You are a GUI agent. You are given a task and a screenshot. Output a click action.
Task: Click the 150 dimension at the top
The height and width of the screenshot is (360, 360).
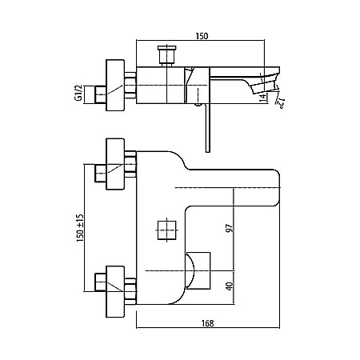[x=202, y=36]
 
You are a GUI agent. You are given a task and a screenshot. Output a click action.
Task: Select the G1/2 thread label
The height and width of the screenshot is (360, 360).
[x=79, y=93]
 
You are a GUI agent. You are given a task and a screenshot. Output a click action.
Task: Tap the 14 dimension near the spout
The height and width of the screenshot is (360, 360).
[x=263, y=98]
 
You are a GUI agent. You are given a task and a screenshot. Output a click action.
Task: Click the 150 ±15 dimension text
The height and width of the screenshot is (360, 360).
[x=80, y=228]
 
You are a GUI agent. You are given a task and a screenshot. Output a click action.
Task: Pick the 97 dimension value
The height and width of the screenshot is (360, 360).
[x=229, y=229]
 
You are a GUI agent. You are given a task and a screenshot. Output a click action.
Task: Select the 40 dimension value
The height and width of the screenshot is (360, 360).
[x=230, y=286]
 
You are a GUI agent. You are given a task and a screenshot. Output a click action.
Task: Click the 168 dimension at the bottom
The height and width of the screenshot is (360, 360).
[x=207, y=323]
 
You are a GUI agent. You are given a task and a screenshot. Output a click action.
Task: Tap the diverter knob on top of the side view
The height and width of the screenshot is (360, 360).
[x=167, y=55]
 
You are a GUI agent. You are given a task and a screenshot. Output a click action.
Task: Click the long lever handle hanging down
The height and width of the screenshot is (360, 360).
[x=208, y=128]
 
